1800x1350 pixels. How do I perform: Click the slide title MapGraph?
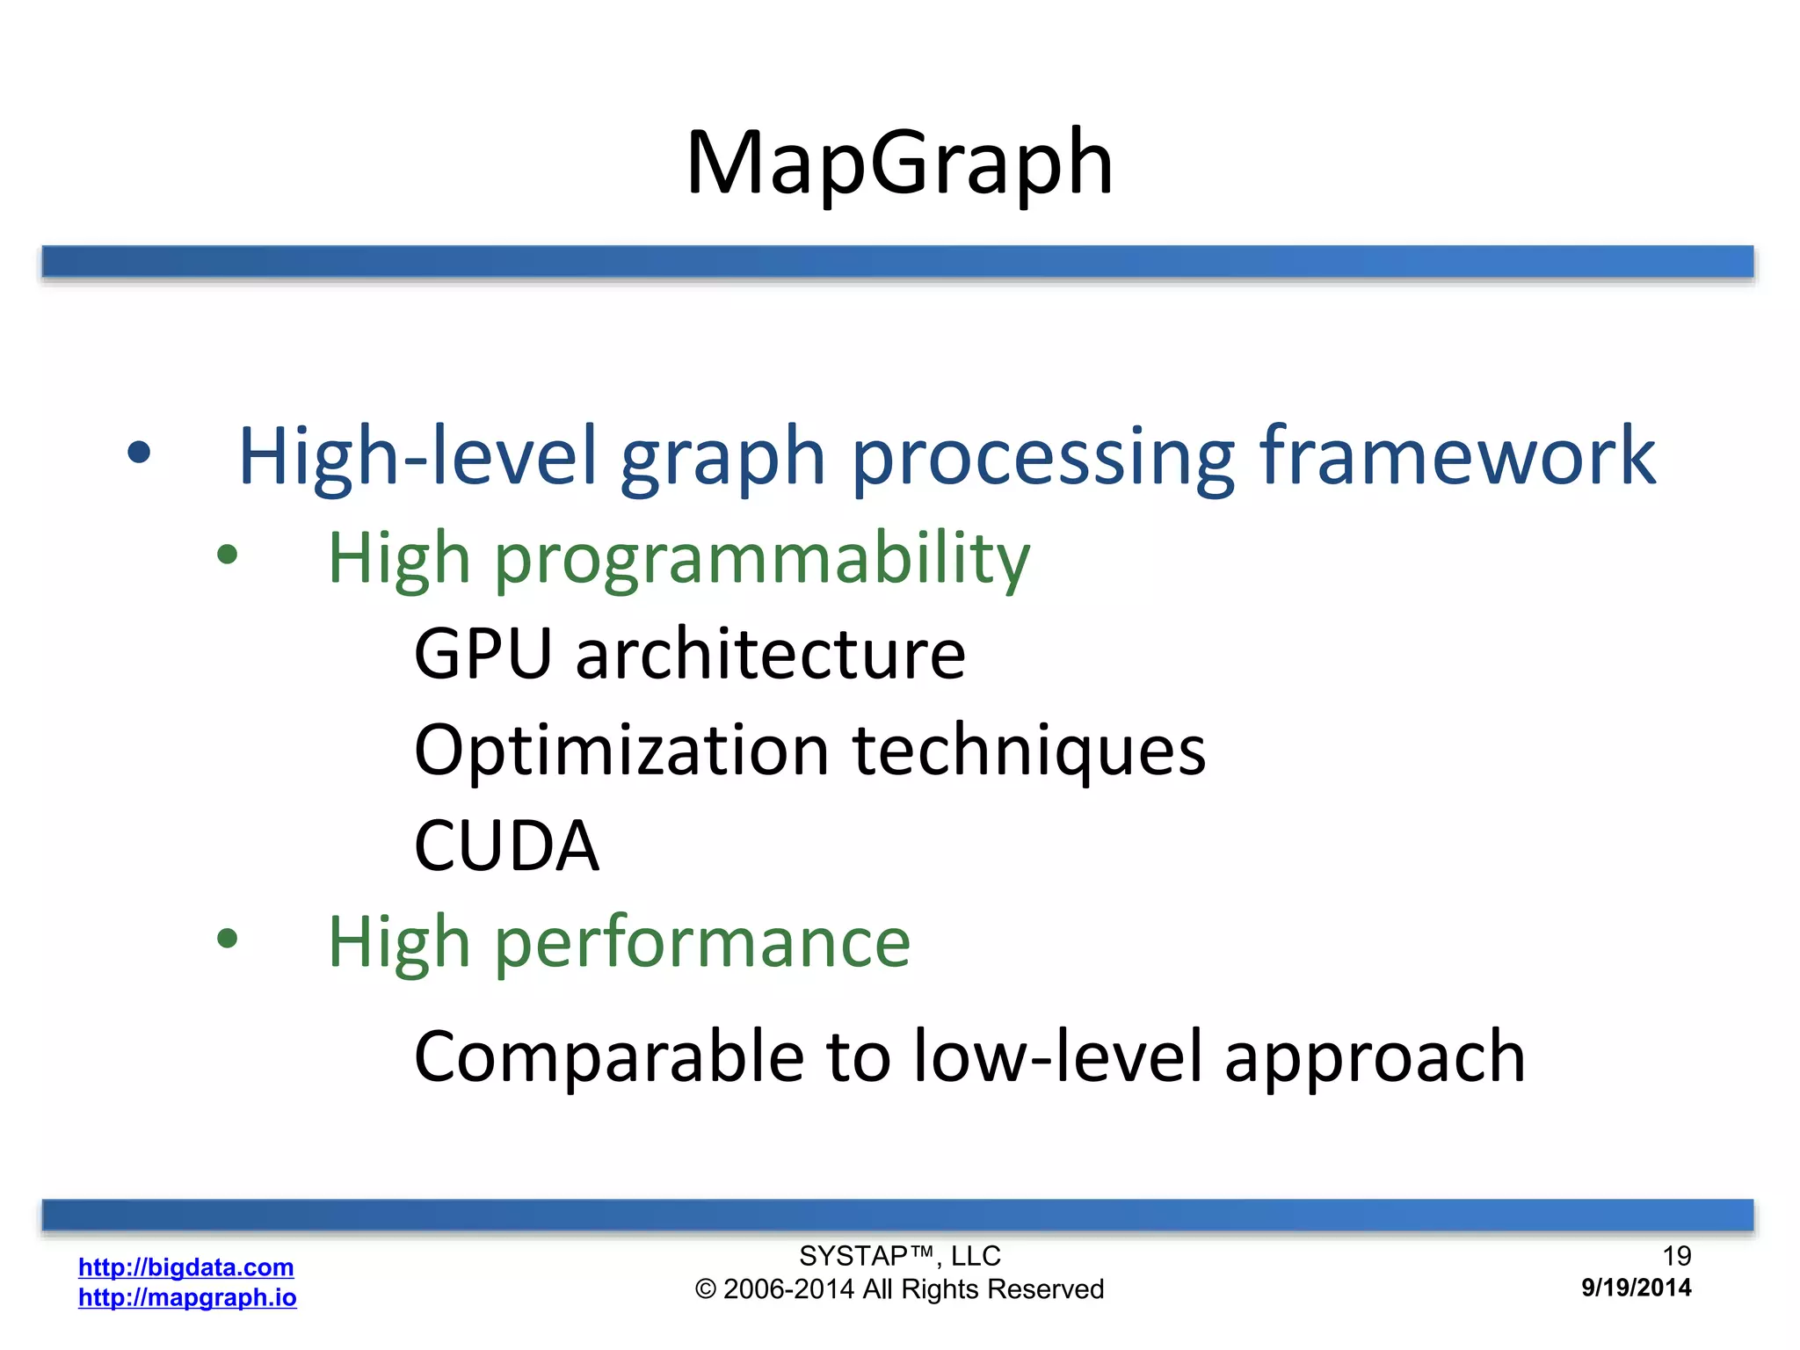point(899,163)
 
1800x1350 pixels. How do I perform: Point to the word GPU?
point(483,654)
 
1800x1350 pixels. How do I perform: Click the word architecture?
point(770,654)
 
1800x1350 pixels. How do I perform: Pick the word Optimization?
point(621,751)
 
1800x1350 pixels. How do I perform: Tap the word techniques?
point(1029,751)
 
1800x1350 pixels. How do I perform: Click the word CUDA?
point(506,846)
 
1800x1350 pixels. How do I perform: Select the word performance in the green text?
point(702,942)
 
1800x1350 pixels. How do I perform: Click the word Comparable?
point(608,1056)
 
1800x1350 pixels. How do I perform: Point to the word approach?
point(1375,1056)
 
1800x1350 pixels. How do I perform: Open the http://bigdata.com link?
point(185,1267)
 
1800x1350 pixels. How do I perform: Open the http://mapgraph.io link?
point(187,1297)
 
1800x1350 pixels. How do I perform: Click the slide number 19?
point(1676,1256)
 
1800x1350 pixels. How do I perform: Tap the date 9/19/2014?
point(1636,1288)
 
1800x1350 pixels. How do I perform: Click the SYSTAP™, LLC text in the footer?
point(899,1256)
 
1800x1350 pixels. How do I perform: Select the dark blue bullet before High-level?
point(139,453)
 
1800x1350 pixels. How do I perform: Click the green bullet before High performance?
point(227,939)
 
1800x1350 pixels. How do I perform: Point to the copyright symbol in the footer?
point(706,1289)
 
